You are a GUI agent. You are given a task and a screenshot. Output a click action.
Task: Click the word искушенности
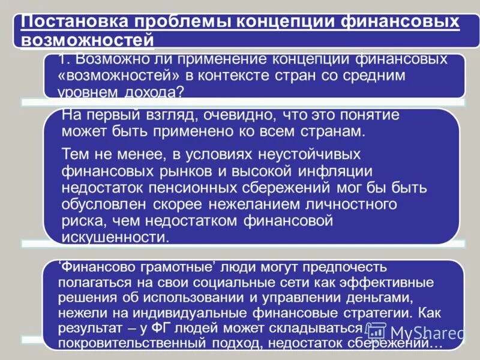click(116, 237)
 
